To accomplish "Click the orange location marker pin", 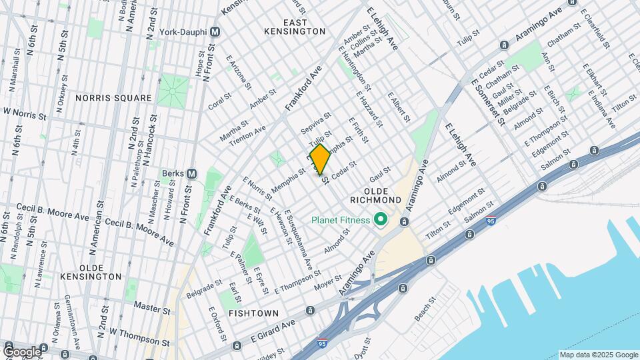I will pyautogui.click(x=320, y=159).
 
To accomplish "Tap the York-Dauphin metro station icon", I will pyautogui.click(x=215, y=31).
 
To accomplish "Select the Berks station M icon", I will pyautogui.click(x=192, y=173).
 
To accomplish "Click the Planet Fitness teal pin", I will pyautogui.click(x=381, y=219).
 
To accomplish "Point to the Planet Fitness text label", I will pyautogui.click(x=340, y=219).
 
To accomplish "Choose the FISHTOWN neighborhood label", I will pyautogui.click(x=252, y=312).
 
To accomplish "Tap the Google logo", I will pyautogui.click(x=21, y=351).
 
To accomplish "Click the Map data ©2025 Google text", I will pyautogui.click(x=598, y=355).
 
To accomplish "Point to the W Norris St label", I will pyautogui.click(x=25, y=115).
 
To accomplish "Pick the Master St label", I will pyautogui.click(x=152, y=308).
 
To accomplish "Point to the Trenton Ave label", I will pyautogui.click(x=247, y=134).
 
